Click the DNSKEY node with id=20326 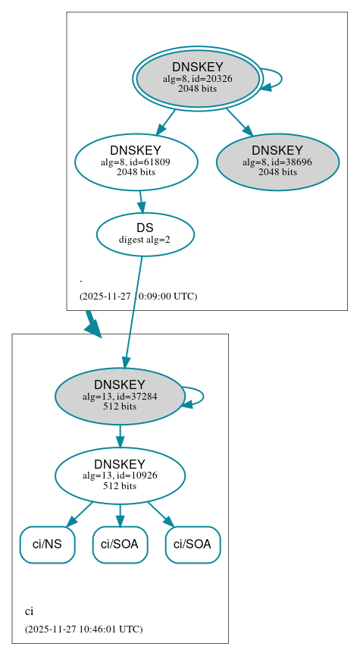[x=198, y=78]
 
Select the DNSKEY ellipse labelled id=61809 [x=136, y=162]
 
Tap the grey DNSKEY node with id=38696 [x=277, y=162]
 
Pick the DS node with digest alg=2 [x=145, y=234]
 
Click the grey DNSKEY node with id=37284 [x=120, y=396]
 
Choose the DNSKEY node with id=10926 [x=120, y=476]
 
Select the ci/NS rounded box [x=47, y=545]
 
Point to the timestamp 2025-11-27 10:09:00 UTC [x=138, y=296]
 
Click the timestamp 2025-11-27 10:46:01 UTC [x=83, y=629]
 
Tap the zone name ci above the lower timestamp [x=29, y=611]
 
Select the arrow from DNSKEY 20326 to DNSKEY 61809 [x=166, y=122]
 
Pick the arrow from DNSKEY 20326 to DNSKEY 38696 [x=239, y=122]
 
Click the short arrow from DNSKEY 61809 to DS [x=141, y=202]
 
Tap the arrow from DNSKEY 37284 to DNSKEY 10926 [x=120, y=436]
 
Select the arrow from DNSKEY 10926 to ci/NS [x=80, y=513]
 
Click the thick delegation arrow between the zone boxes [x=92, y=323]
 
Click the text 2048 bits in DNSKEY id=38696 [x=277, y=172]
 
